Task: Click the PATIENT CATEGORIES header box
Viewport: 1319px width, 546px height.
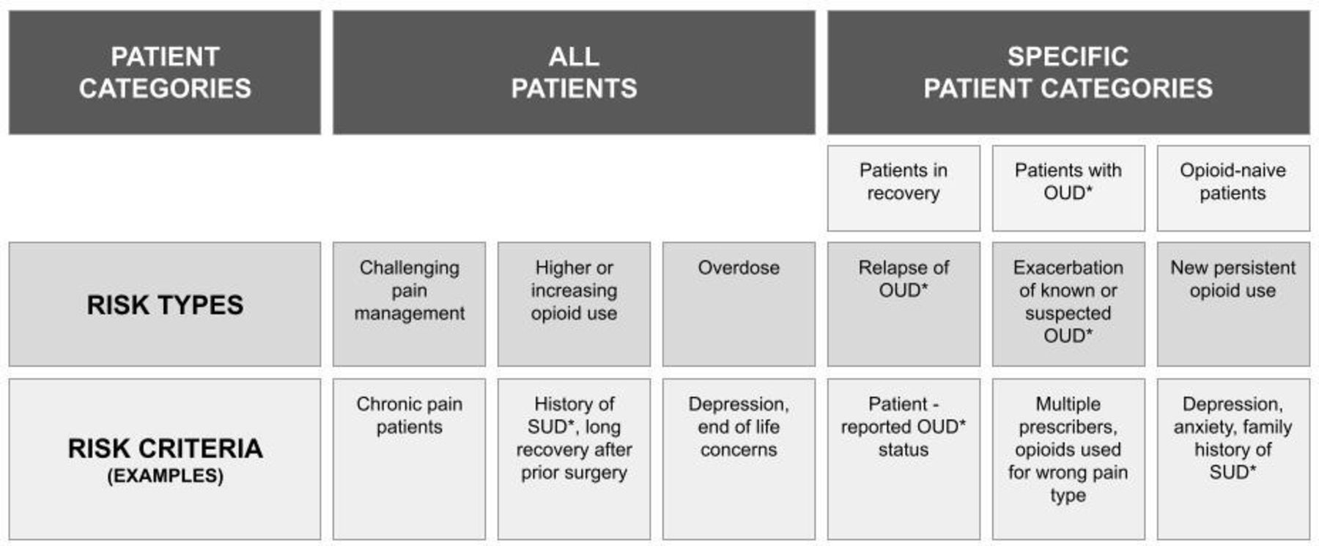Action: click(x=165, y=73)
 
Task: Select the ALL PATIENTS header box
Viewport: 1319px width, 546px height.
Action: click(x=574, y=73)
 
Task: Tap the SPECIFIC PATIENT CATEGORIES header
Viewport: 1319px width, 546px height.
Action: click(x=1068, y=73)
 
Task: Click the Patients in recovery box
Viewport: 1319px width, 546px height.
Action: click(x=904, y=188)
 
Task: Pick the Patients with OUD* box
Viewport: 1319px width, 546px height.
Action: click(x=1068, y=188)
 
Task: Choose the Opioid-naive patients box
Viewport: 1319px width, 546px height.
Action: click(x=1233, y=188)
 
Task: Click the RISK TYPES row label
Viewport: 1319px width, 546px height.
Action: click(x=165, y=304)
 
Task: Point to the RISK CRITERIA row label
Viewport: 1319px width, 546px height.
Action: click(x=165, y=460)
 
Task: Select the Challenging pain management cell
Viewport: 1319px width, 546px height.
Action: click(x=409, y=304)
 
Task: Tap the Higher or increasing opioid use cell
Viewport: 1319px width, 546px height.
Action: click(x=574, y=304)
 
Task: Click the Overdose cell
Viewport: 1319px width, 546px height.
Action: click(x=739, y=304)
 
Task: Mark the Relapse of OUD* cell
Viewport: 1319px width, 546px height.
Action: click(x=904, y=304)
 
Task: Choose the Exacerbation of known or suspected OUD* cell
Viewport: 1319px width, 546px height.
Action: click(x=1068, y=304)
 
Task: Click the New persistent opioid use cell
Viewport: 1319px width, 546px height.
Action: click(x=1233, y=304)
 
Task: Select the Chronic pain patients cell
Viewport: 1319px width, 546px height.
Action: click(x=409, y=460)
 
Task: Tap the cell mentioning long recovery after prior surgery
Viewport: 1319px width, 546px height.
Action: click(x=574, y=460)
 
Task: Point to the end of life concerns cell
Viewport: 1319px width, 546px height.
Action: click(x=739, y=460)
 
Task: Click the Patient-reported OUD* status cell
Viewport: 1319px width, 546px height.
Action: click(x=904, y=460)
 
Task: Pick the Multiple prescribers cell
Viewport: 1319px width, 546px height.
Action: click(x=1068, y=460)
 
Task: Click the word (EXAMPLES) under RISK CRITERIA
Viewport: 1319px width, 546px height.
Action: click(x=165, y=476)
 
